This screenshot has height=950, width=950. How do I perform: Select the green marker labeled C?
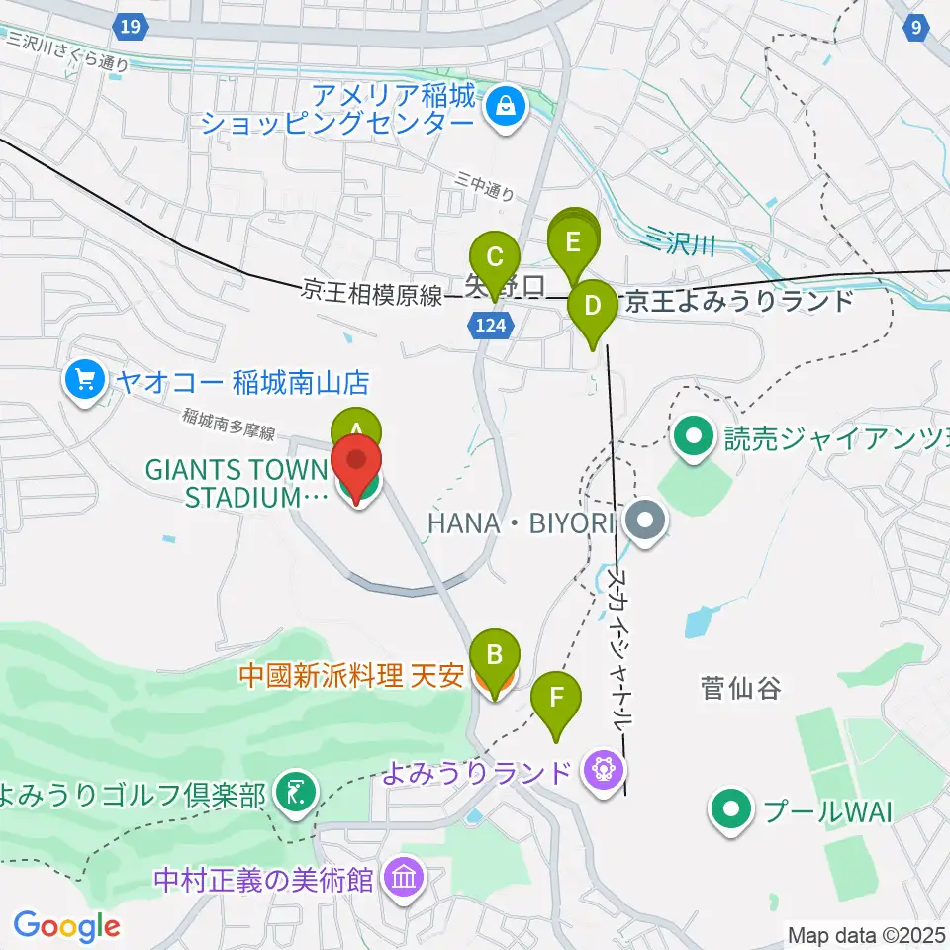494,255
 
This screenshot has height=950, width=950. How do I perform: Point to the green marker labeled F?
557,698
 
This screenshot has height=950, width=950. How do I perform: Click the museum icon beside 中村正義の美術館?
404,876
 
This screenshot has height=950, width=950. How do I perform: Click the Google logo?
66,926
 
